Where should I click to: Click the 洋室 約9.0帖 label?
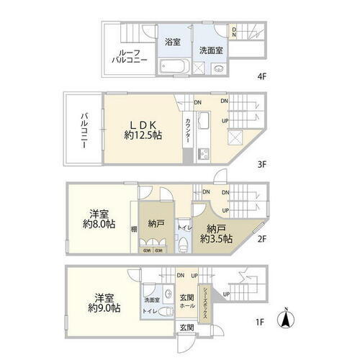(105, 302)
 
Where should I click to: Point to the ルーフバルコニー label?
(131, 57)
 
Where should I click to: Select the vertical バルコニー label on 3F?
(84, 130)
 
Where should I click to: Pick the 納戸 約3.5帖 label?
(215, 232)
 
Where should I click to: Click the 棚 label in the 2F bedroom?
(134, 229)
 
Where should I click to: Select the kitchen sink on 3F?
(202, 120)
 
